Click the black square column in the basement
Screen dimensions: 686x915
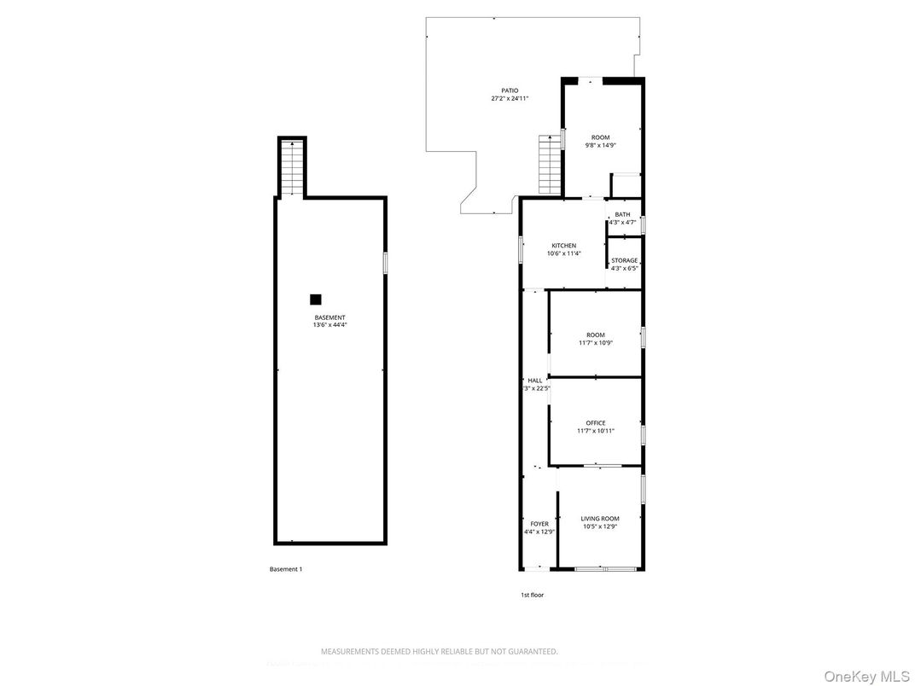(316, 299)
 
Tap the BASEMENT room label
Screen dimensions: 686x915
(329, 317)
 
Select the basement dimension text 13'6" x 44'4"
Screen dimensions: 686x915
(329, 325)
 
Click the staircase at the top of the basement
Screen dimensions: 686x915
(292, 168)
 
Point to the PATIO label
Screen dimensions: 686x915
(510, 90)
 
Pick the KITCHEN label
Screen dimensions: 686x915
(563, 246)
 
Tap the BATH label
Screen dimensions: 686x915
(622, 215)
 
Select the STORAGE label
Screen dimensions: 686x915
(624, 260)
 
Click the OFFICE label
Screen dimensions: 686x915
(595, 423)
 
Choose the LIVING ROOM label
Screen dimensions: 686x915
(600, 519)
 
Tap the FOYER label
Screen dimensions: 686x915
(539, 524)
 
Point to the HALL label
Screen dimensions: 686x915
(535, 381)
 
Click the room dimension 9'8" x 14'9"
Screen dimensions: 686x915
(601, 145)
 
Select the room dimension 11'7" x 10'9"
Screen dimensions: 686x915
(595, 343)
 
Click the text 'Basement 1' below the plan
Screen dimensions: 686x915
(285, 569)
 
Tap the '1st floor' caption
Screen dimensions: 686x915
(532, 595)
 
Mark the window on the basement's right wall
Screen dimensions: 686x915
(385, 262)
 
